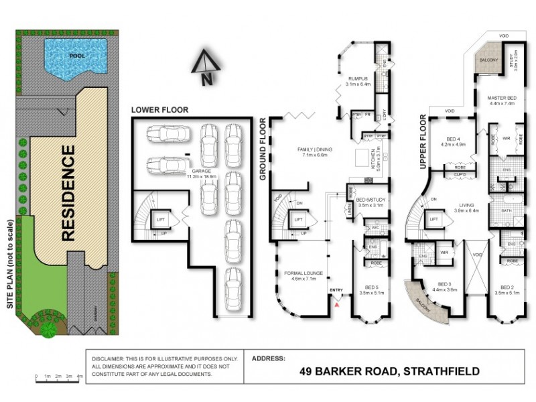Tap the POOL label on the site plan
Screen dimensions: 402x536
pos(78,56)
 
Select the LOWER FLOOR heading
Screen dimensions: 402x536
pos(159,109)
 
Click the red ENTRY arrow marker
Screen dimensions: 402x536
pos(337,304)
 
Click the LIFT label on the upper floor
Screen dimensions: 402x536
pos(433,218)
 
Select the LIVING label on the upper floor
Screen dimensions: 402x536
pos(463,206)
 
